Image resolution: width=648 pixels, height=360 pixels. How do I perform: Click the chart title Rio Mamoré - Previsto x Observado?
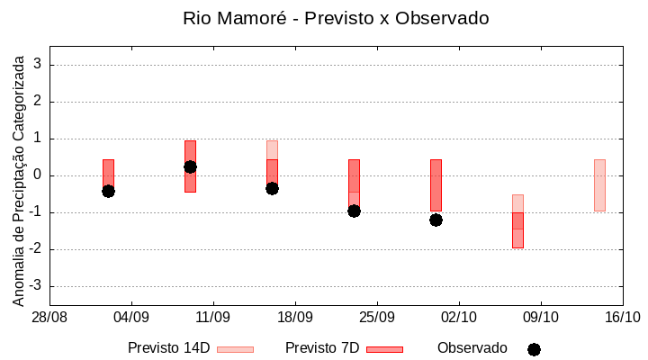pyautogui.click(x=336, y=19)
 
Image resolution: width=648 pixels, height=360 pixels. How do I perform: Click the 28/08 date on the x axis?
pyautogui.click(x=49, y=317)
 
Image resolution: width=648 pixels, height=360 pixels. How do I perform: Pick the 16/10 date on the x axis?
pyautogui.click(x=622, y=317)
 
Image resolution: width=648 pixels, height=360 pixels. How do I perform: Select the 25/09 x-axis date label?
pyautogui.click(x=377, y=317)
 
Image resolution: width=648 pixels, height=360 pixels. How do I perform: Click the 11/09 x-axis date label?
pyautogui.click(x=213, y=317)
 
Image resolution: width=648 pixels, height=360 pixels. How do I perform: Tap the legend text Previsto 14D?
pyautogui.click(x=168, y=348)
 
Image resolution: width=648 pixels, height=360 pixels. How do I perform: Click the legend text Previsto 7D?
pyautogui.click(x=321, y=348)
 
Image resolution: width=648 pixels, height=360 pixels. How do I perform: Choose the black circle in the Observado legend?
pyautogui.click(x=534, y=349)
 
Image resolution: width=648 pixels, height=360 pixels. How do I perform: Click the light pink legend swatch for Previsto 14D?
pyautogui.click(x=235, y=349)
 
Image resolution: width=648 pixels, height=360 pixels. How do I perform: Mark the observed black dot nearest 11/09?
pyautogui.click(x=190, y=166)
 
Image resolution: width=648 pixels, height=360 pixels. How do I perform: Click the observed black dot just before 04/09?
pyautogui.click(x=108, y=191)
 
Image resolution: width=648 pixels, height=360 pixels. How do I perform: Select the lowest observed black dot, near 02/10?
pyautogui.click(x=436, y=220)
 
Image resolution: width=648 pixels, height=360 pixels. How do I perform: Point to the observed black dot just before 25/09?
pyautogui.click(x=354, y=211)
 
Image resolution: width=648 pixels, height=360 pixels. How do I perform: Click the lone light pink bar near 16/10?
pyautogui.click(x=599, y=185)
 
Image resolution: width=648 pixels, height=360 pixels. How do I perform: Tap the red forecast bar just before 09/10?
pyautogui.click(x=517, y=230)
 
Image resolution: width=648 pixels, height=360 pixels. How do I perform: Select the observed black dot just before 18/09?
pyautogui.click(x=272, y=188)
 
